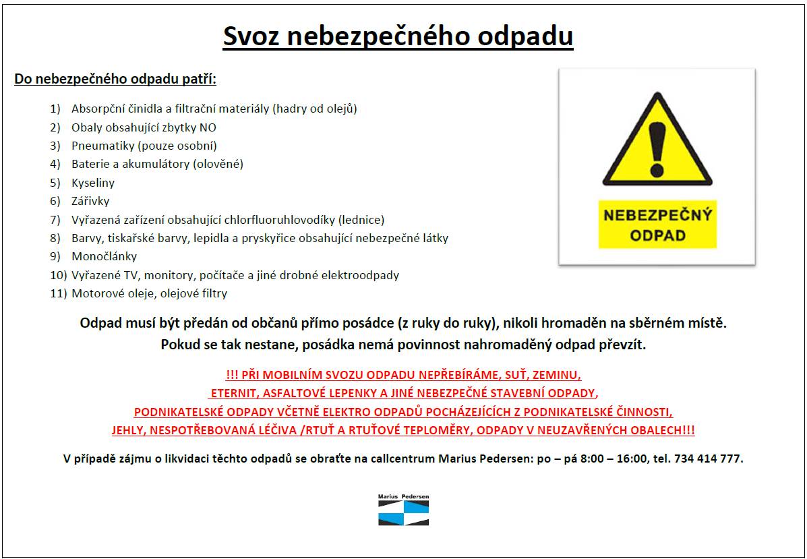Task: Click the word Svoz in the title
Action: click(251, 36)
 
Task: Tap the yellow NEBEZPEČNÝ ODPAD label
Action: click(657, 225)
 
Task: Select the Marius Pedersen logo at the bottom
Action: click(403, 510)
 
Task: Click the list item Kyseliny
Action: click(93, 183)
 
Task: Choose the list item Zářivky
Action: click(90, 201)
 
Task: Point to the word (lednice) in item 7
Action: click(362, 220)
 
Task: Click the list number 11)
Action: click(59, 293)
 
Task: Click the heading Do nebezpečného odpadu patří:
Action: click(115, 79)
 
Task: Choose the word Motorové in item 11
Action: click(94, 293)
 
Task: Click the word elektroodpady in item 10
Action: click(365, 275)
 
